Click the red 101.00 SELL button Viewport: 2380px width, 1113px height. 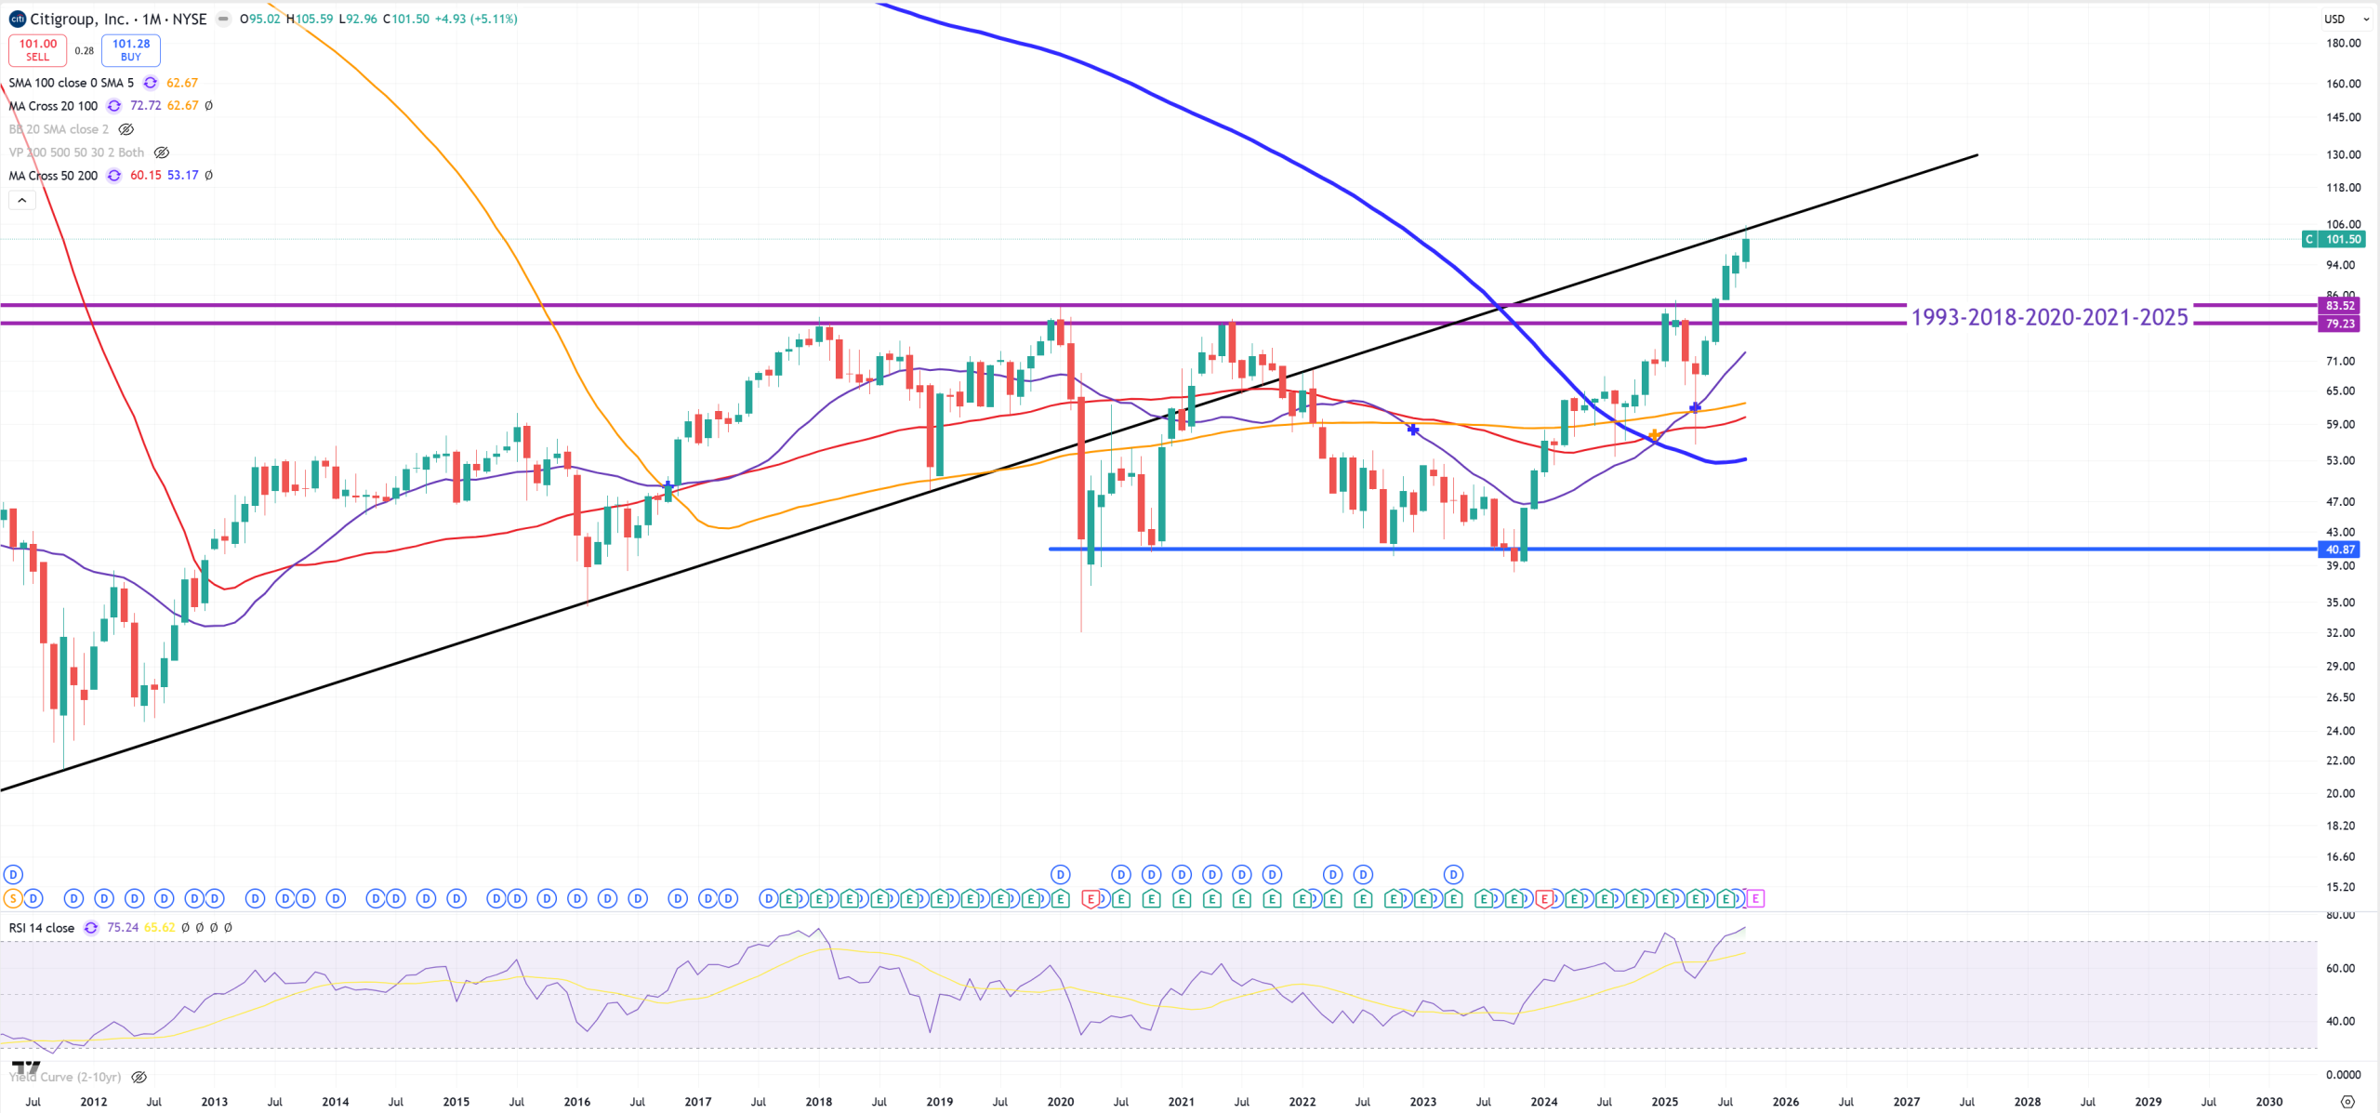(x=37, y=50)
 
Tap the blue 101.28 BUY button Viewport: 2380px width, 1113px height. (x=131, y=50)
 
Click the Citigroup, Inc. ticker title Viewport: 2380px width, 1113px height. (x=79, y=19)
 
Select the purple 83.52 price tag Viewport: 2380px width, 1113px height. (x=2339, y=306)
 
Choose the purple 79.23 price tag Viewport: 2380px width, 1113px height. (x=2339, y=324)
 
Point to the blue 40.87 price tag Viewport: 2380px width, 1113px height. (x=2339, y=550)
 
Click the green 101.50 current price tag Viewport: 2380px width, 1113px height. (x=2342, y=240)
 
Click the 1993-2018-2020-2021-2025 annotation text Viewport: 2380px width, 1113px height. (x=2049, y=317)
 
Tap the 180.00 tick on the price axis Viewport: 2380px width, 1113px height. (x=2343, y=44)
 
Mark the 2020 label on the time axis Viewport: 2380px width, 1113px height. (x=1060, y=1102)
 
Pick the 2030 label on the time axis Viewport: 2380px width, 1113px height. (x=2268, y=1102)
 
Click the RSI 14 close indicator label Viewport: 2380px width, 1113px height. (x=42, y=928)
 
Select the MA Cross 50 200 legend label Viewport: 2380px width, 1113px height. (x=53, y=176)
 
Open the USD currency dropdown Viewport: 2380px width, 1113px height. (x=2345, y=19)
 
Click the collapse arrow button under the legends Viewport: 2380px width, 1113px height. (x=22, y=200)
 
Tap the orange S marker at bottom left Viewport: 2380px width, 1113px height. (x=12, y=898)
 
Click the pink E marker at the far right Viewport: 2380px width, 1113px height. (x=1754, y=898)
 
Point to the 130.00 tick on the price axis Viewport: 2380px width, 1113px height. (x=2343, y=155)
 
